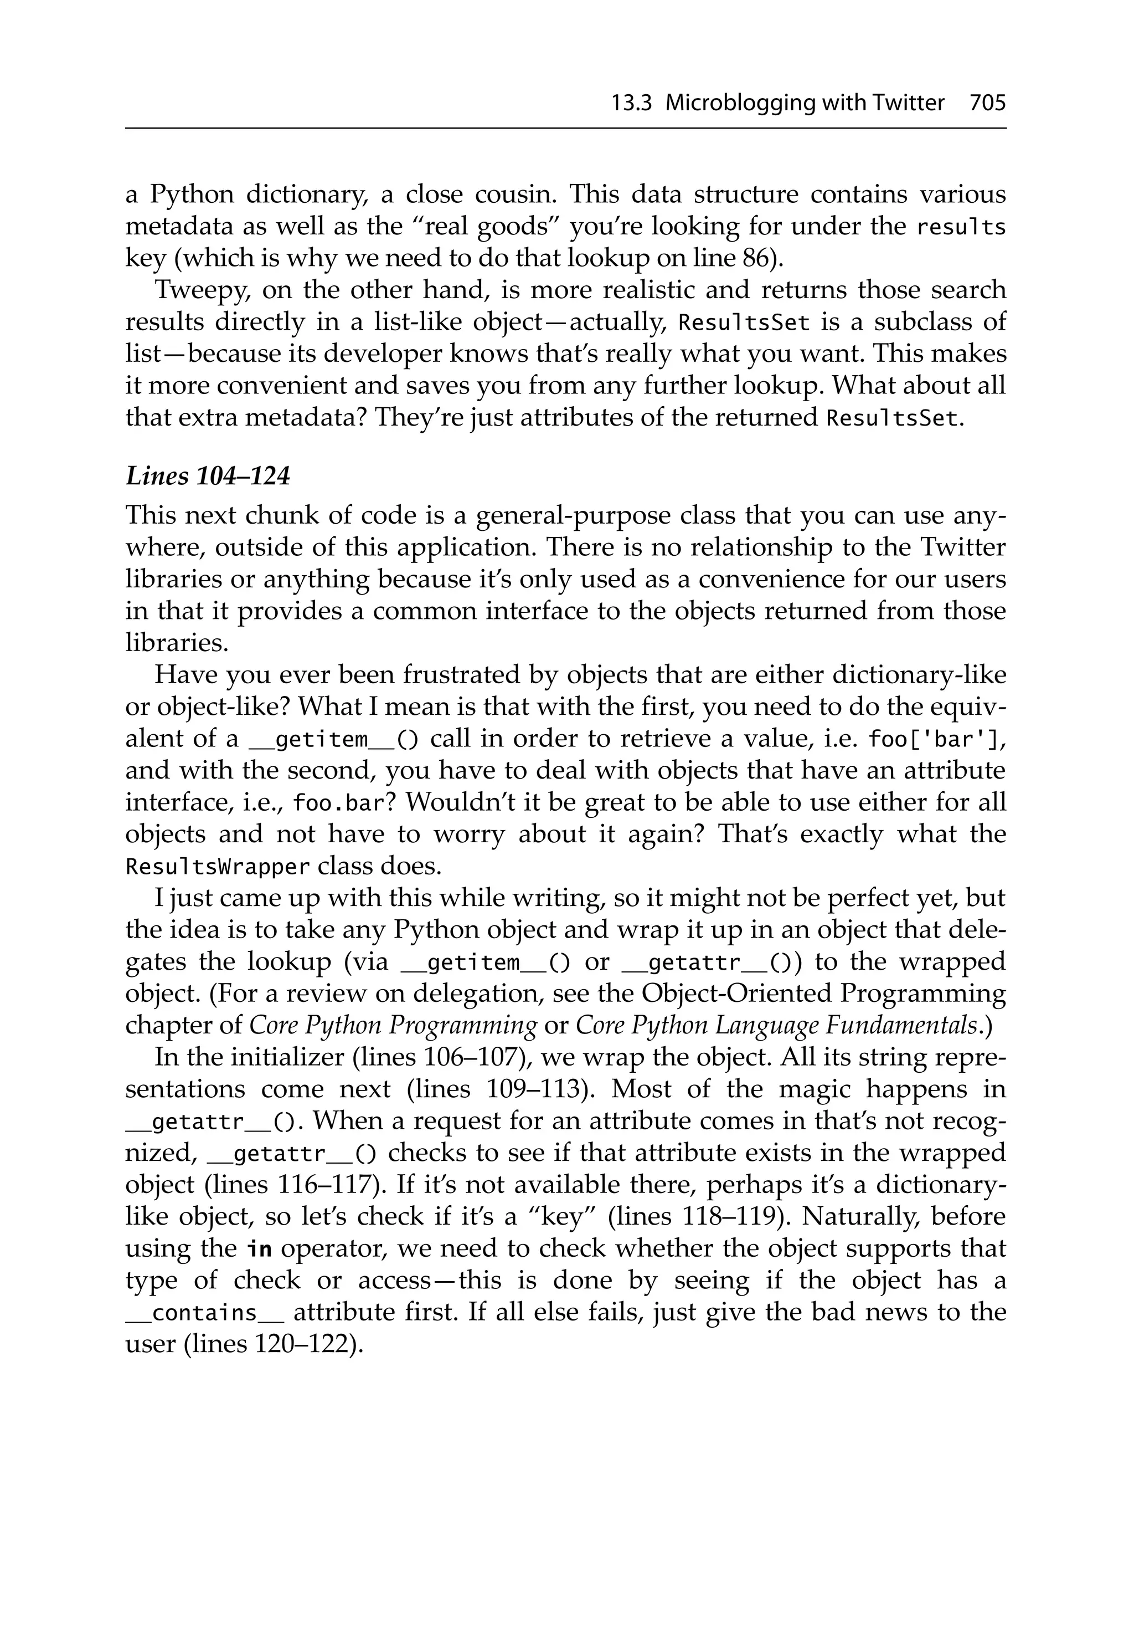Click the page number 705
[x=987, y=104]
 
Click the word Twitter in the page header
[x=909, y=104]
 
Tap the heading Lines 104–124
[x=208, y=477]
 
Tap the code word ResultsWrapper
[x=218, y=867]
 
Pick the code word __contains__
[x=205, y=1313]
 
